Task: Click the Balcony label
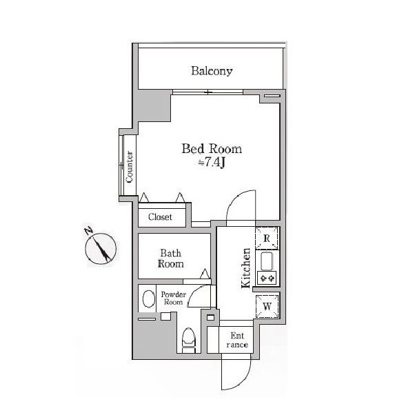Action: coord(212,71)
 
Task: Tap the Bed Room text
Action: coord(212,149)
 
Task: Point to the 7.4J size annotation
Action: coord(212,163)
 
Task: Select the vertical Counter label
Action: coord(130,167)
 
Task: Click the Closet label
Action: coord(160,216)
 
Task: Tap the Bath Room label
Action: coord(171,259)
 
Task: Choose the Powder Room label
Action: coord(173,298)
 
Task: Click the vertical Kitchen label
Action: coord(246,268)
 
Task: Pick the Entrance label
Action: coord(237,340)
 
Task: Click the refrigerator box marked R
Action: coord(267,239)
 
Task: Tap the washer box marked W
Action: coord(267,306)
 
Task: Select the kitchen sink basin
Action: coord(267,261)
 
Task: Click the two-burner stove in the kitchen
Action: coord(267,278)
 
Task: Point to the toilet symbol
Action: coord(189,340)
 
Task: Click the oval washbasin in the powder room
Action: coord(149,299)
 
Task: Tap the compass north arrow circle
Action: coord(101,249)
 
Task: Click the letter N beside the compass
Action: coord(89,230)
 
